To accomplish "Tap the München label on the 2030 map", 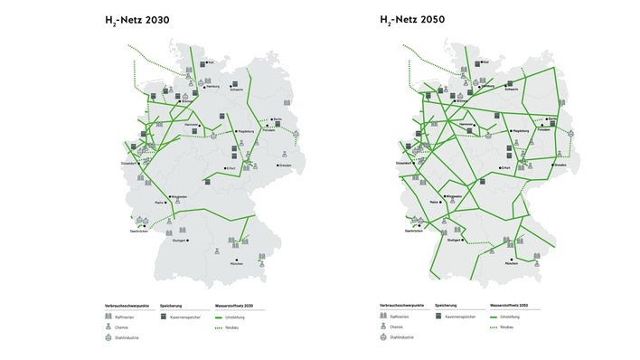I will point(238,263).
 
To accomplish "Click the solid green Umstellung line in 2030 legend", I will point(221,317).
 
